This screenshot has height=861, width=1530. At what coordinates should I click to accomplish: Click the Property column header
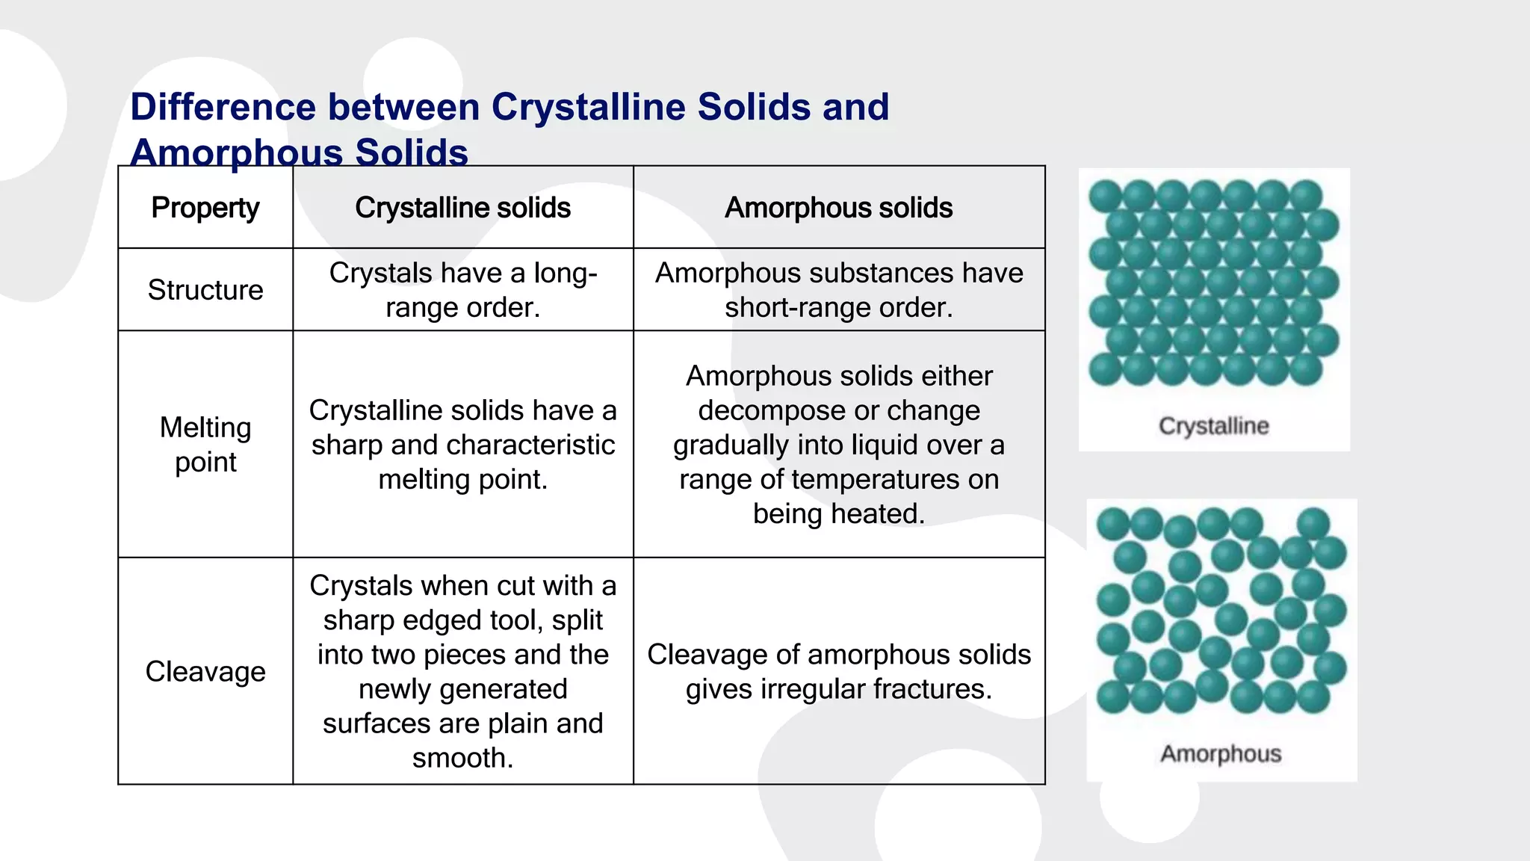(205, 208)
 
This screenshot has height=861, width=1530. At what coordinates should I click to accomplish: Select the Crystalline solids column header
(462, 208)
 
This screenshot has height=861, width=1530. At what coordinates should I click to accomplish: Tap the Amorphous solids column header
(838, 208)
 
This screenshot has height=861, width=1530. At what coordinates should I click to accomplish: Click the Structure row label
(205, 290)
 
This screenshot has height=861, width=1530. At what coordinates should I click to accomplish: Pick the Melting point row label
(205, 445)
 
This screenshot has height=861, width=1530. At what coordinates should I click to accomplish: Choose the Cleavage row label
(205, 671)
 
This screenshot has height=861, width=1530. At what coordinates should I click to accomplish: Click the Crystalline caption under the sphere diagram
(1214, 426)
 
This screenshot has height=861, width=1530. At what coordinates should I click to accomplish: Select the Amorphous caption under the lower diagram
(1221, 753)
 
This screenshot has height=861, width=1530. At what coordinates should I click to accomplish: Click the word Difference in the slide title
(223, 107)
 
